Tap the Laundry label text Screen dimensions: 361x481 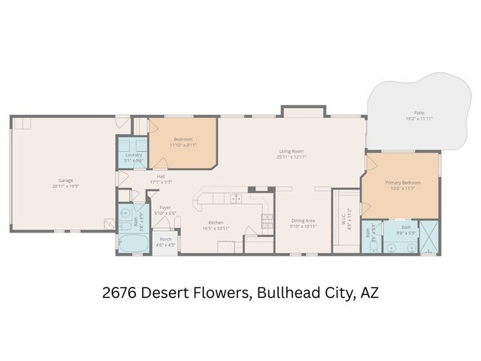coord(133,155)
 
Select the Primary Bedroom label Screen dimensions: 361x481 coord(403,183)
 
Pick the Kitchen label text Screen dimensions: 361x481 coord(216,222)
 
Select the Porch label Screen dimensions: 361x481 coord(166,239)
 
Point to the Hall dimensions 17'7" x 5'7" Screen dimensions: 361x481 coord(161,183)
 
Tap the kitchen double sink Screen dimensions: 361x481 coord(237,199)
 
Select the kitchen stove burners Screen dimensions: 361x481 coord(266,219)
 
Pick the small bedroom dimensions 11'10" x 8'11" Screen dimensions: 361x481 coord(183,144)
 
